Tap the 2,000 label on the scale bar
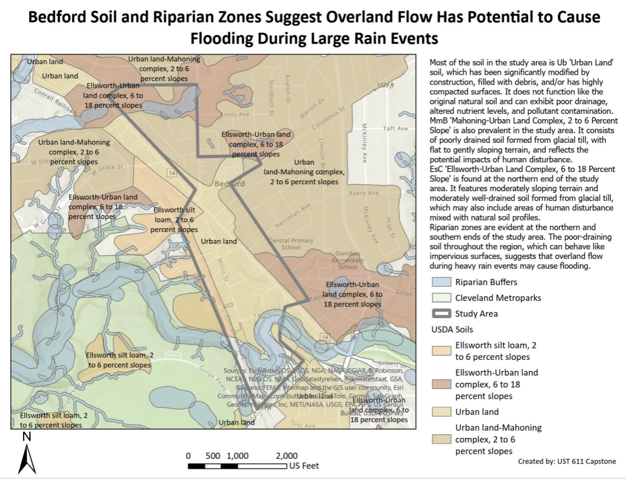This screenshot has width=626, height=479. (x=287, y=455)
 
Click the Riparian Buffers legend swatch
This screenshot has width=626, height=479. (x=442, y=282)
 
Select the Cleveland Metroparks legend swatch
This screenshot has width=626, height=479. (x=442, y=298)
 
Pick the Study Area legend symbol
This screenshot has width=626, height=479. (x=442, y=314)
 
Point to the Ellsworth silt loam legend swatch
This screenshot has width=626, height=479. (x=442, y=350)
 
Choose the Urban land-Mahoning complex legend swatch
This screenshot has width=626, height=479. (x=442, y=439)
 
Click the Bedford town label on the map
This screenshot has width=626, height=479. (x=229, y=184)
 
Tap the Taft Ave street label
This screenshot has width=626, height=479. (x=395, y=129)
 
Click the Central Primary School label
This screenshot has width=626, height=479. (x=291, y=243)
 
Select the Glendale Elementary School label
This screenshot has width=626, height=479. (x=348, y=260)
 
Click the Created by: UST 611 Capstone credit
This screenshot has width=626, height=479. (x=567, y=461)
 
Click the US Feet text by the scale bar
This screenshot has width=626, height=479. (x=304, y=466)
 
